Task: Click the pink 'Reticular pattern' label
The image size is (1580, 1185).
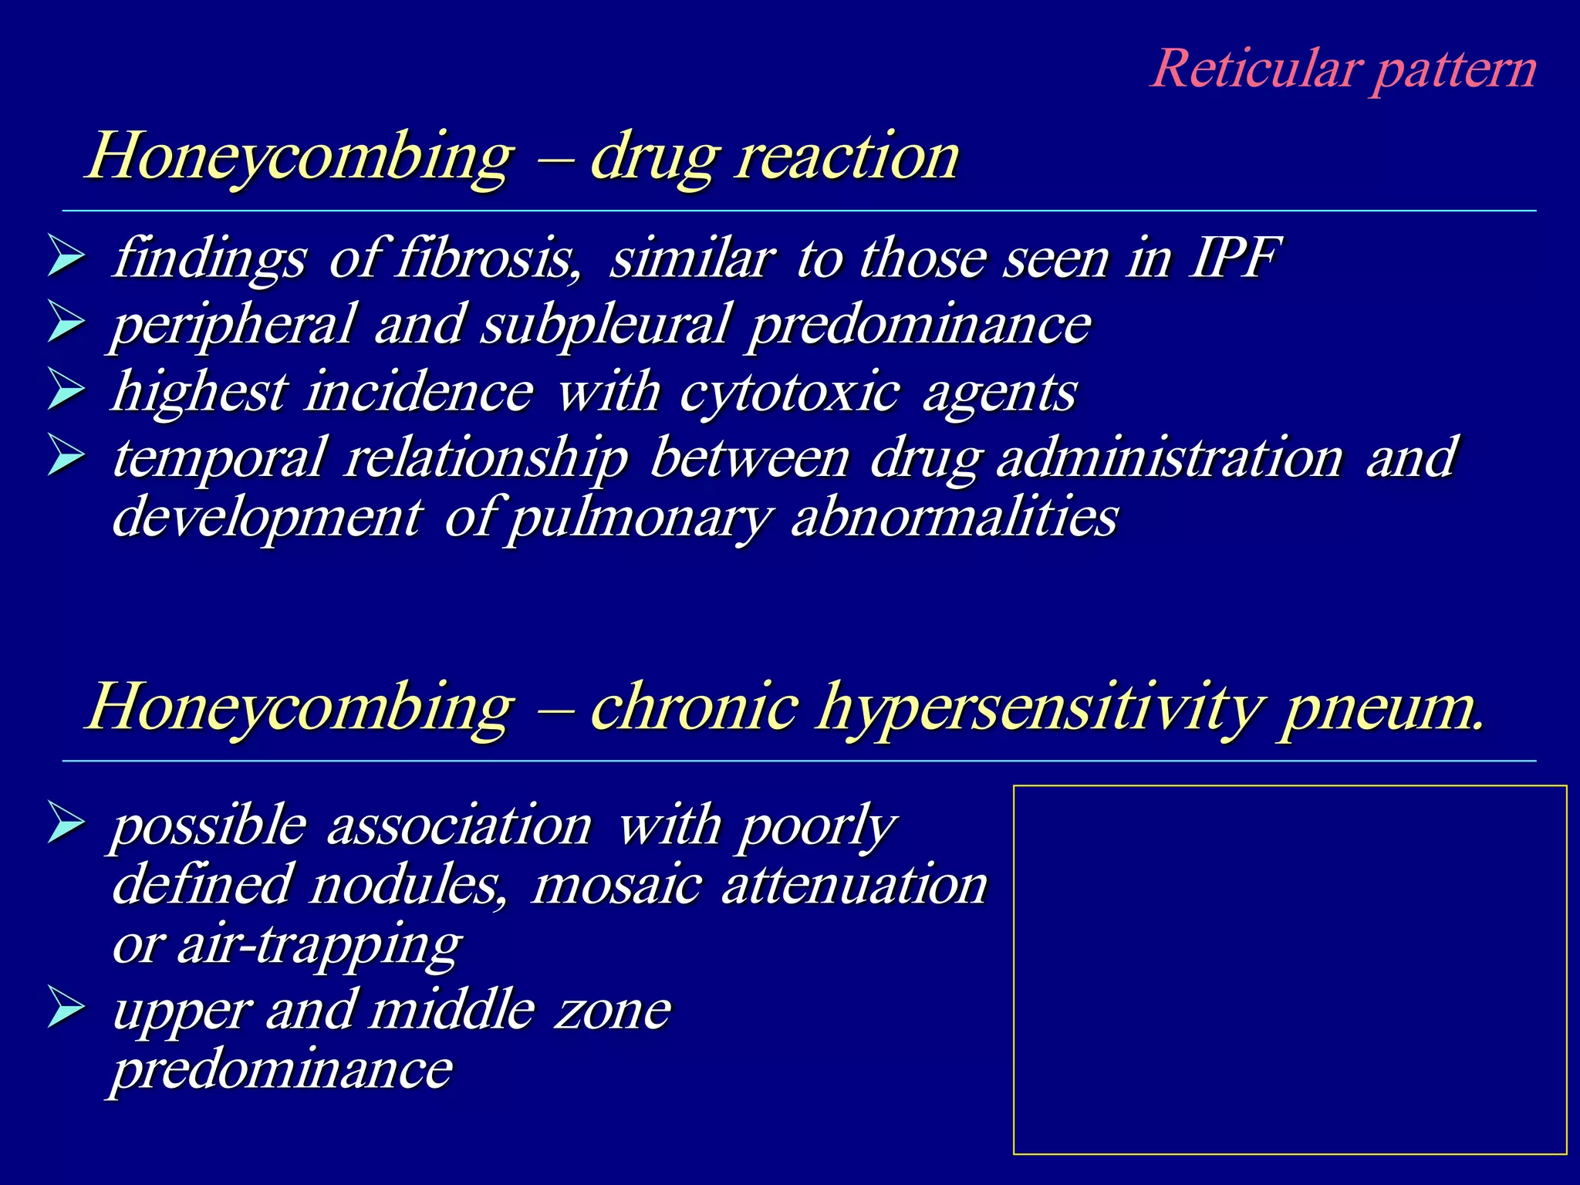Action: coord(1343,69)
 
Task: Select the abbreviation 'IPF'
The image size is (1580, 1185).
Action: coord(1234,258)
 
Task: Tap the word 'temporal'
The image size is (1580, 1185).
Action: coord(218,457)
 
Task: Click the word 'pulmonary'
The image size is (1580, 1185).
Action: coord(638,518)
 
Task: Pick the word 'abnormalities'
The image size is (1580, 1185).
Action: coord(954,517)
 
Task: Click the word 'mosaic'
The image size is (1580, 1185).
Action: coord(616,884)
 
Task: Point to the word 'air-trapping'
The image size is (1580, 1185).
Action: coord(319,944)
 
